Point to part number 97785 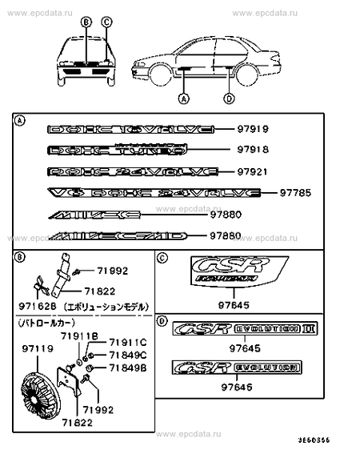coord(296,193)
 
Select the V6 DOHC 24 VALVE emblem coord(154,193)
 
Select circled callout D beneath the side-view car coord(230,99)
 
